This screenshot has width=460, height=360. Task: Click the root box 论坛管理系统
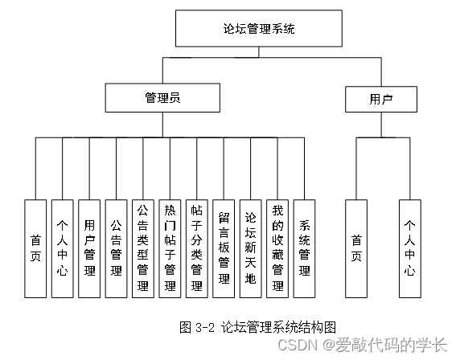259,28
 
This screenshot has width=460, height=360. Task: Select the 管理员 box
162,97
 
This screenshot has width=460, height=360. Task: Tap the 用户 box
381,99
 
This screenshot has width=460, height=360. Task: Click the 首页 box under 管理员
35,248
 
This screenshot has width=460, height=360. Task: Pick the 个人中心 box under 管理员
63,248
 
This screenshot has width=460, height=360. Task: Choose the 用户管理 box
89,248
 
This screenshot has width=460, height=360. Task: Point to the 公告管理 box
116,248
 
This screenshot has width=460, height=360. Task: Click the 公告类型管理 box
143,248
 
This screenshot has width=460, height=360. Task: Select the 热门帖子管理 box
170,248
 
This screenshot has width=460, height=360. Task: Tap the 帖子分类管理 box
197,248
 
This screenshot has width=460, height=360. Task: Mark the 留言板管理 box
224,248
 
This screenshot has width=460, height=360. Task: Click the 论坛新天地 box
251,248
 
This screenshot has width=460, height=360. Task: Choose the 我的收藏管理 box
277,248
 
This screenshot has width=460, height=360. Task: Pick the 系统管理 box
304,248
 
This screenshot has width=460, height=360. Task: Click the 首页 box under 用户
356,248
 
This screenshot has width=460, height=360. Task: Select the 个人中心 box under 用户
410,248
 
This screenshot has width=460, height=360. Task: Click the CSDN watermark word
298,345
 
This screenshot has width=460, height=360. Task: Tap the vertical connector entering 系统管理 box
304,169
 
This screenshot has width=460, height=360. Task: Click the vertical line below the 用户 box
381,125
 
